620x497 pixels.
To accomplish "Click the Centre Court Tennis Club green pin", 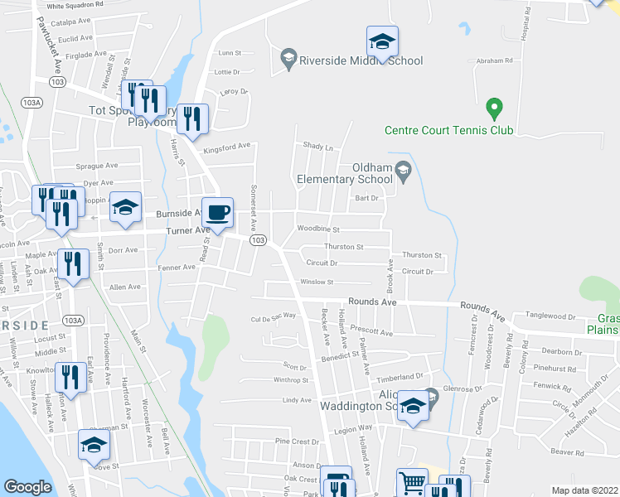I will pos(494,109).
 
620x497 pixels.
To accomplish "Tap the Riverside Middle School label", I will pos(361,60).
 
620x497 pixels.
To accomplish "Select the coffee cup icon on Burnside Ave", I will pos(218,212).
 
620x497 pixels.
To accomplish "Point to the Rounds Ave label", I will pos(372,302).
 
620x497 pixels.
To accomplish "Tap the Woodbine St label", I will pos(318,228).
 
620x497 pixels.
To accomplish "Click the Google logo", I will pos(27,487).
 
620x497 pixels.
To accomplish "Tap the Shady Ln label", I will pos(317,147).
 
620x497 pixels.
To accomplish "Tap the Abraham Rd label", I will pos(496,60).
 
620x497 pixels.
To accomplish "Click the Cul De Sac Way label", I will pos(274,316).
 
